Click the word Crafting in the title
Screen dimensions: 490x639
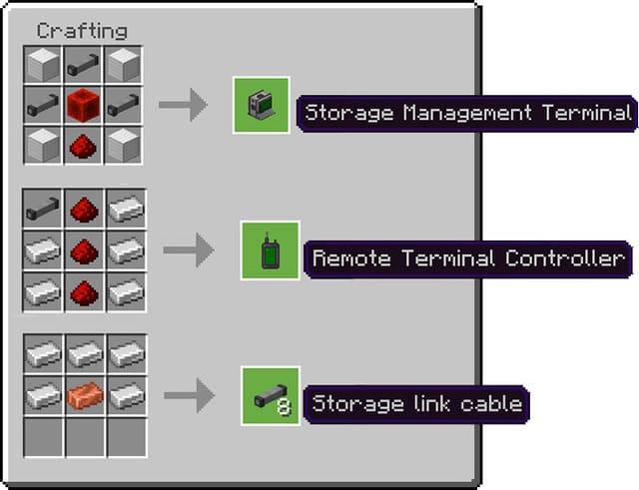click(82, 31)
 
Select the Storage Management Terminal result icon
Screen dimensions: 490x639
click(261, 105)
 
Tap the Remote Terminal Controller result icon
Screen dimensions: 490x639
click(270, 249)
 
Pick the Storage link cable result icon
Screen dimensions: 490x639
click(270, 396)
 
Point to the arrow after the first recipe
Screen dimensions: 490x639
click(183, 105)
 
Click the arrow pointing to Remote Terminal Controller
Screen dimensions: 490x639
click(188, 249)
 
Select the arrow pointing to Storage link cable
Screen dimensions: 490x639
click(188, 396)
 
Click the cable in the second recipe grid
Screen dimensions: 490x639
click(42, 209)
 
